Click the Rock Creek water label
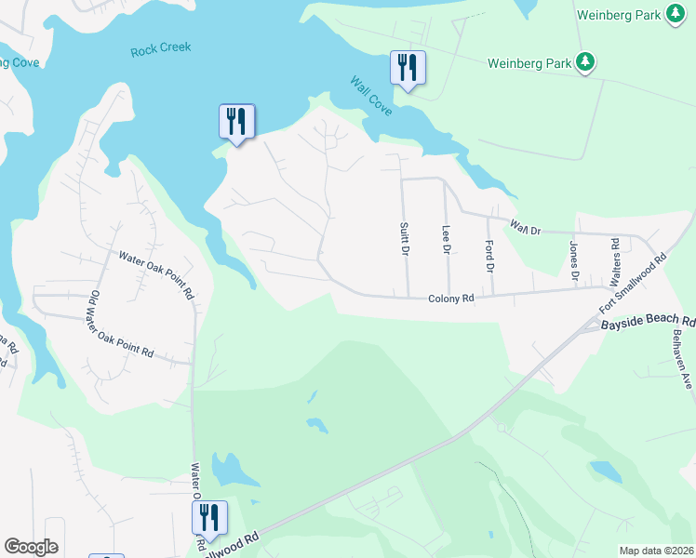coord(160,50)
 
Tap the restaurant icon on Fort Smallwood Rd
coord(209,519)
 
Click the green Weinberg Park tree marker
coord(584,62)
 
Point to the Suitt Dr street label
coord(405,240)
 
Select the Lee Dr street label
coord(446,240)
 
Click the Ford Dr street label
coord(489,256)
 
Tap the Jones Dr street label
coord(574,261)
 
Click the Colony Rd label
coord(451,299)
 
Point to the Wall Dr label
coord(526,226)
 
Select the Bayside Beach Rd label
coord(648,323)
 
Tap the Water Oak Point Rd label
coord(155,272)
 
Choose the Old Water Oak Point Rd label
coord(122,325)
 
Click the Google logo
coord(31,547)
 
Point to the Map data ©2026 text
coord(656,551)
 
